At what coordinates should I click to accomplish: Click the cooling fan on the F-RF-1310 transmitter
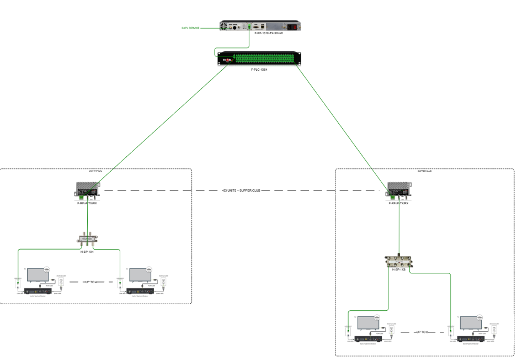click(x=225, y=25)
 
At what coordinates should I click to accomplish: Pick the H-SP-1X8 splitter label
click(x=398, y=269)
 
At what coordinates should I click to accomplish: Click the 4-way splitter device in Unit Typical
click(x=87, y=239)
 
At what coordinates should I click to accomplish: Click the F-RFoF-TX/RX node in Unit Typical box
click(x=87, y=190)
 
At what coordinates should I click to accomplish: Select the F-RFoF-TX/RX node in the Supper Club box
click(x=398, y=190)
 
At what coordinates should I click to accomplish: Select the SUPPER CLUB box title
click(x=425, y=171)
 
